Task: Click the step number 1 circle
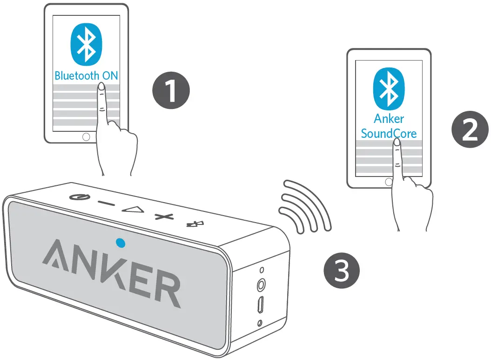pos(171,90)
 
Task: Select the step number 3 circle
pos(341,270)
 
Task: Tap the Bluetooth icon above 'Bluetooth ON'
pos(86,44)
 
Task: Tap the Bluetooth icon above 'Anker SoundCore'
pos(389,89)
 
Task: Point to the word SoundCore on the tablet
pos(389,134)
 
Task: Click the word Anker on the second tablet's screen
pos(389,119)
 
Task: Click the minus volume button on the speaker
pos(106,204)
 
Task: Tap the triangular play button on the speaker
pos(132,209)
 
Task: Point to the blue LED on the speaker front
pos(121,242)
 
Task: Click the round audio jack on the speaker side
pos(262,284)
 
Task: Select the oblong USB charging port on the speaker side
pos(261,305)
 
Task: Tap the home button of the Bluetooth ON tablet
pos(86,136)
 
